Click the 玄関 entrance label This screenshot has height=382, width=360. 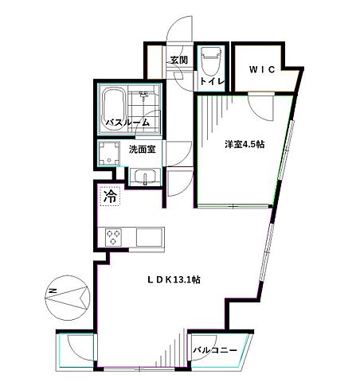click(x=178, y=60)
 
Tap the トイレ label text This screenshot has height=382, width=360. click(x=210, y=80)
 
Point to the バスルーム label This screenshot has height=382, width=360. click(x=129, y=123)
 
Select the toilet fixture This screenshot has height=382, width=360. click(x=211, y=57)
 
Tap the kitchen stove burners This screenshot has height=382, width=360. click(x=113, y=236)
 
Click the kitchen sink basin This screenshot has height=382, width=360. click(x=148, y=236)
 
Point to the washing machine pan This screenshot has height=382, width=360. click(x=108, y=154)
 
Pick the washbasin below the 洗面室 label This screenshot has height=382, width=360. click(x=143, y=177)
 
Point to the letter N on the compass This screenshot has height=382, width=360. click(x=51, y=291)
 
